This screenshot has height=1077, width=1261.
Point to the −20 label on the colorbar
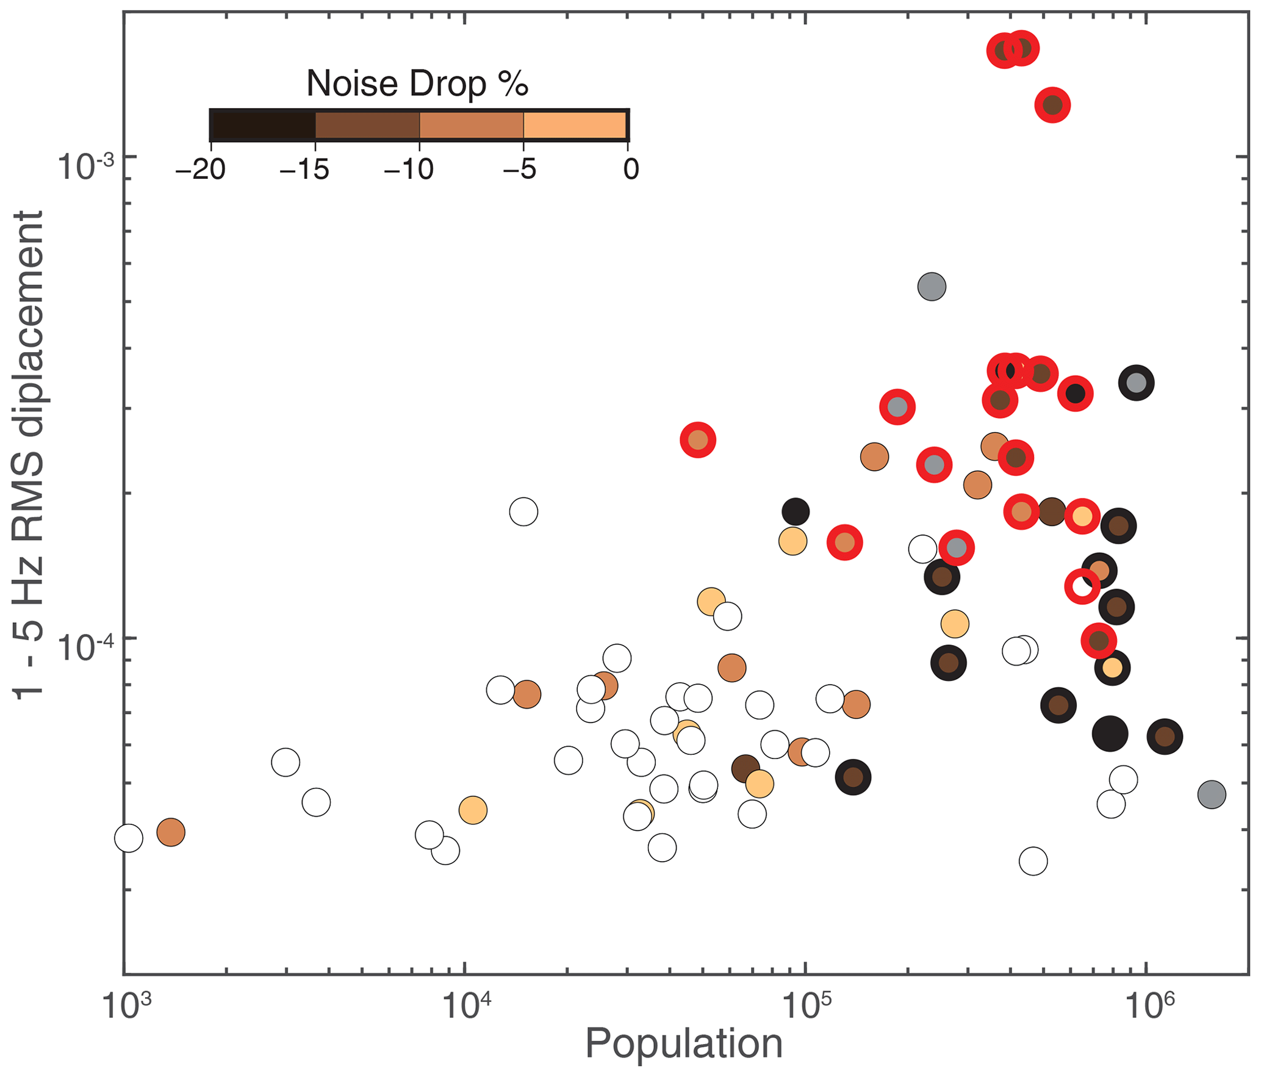coord(201,169)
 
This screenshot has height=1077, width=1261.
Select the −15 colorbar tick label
coord(304,169)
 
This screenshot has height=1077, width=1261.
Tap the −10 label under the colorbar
coord(409,169)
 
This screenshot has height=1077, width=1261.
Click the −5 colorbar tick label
coord(519,169)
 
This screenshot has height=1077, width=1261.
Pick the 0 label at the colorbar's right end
coord(631,169)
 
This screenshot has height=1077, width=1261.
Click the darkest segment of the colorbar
coord(263,126)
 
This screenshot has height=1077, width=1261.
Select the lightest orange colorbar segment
coord(575,126)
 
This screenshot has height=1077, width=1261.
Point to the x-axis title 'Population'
coord(684,1043)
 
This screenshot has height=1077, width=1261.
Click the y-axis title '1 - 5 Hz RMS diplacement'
coord(29,455)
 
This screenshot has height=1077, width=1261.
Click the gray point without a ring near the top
coord(932,286)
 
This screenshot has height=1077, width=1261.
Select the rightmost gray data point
coord(1212,794)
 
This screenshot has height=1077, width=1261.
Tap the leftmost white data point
coord(129,838)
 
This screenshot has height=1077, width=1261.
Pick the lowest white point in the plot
coord(1033,862)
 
